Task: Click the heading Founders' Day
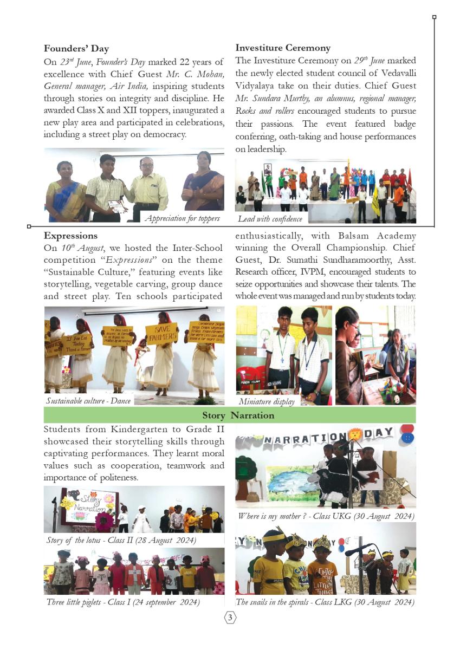pyautogui.click(x=76, y=49)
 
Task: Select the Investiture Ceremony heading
pyautogui.click(x=283, y=48)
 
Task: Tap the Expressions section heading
pyautogui.click(x=71, y=236)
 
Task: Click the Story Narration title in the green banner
pyautogui.click(x=238, y=415)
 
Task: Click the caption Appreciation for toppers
pyautogui.click(x=182, y=218)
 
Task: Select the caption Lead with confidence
pyautogui.click(x=270, y=219)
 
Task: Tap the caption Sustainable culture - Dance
pyautogui.click(x=88, y=401)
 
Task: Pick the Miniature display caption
pyautogui.click(x=267, y=401)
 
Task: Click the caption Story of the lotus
pyautogui.click(x=121, y=540)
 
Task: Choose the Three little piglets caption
pyautogui.click(x=123, y=602)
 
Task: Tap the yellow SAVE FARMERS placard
pyautogui.click(x=161, y=333)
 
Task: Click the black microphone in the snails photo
pyautogui.click(x=358, y=550)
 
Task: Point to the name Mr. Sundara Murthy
pyautogui.click(x=260, y=98)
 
